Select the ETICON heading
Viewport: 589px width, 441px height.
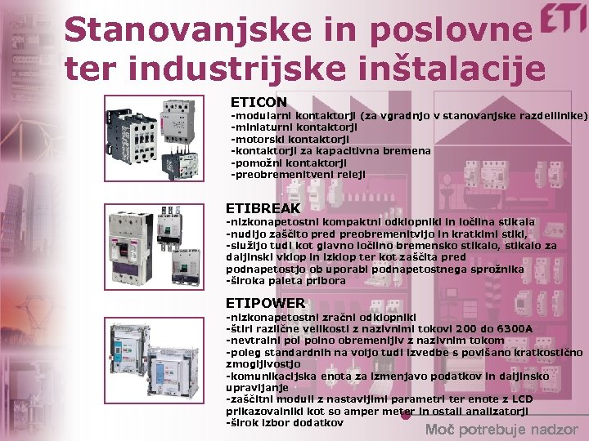coord(259,102)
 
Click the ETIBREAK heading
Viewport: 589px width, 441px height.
coord(263,208)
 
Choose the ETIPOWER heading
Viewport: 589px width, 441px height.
coord(265,303)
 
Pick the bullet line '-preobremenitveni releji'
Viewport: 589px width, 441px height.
coord(299,174)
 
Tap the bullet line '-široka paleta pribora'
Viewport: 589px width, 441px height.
coord(286,280)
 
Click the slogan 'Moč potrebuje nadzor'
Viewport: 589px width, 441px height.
coord(501,430)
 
